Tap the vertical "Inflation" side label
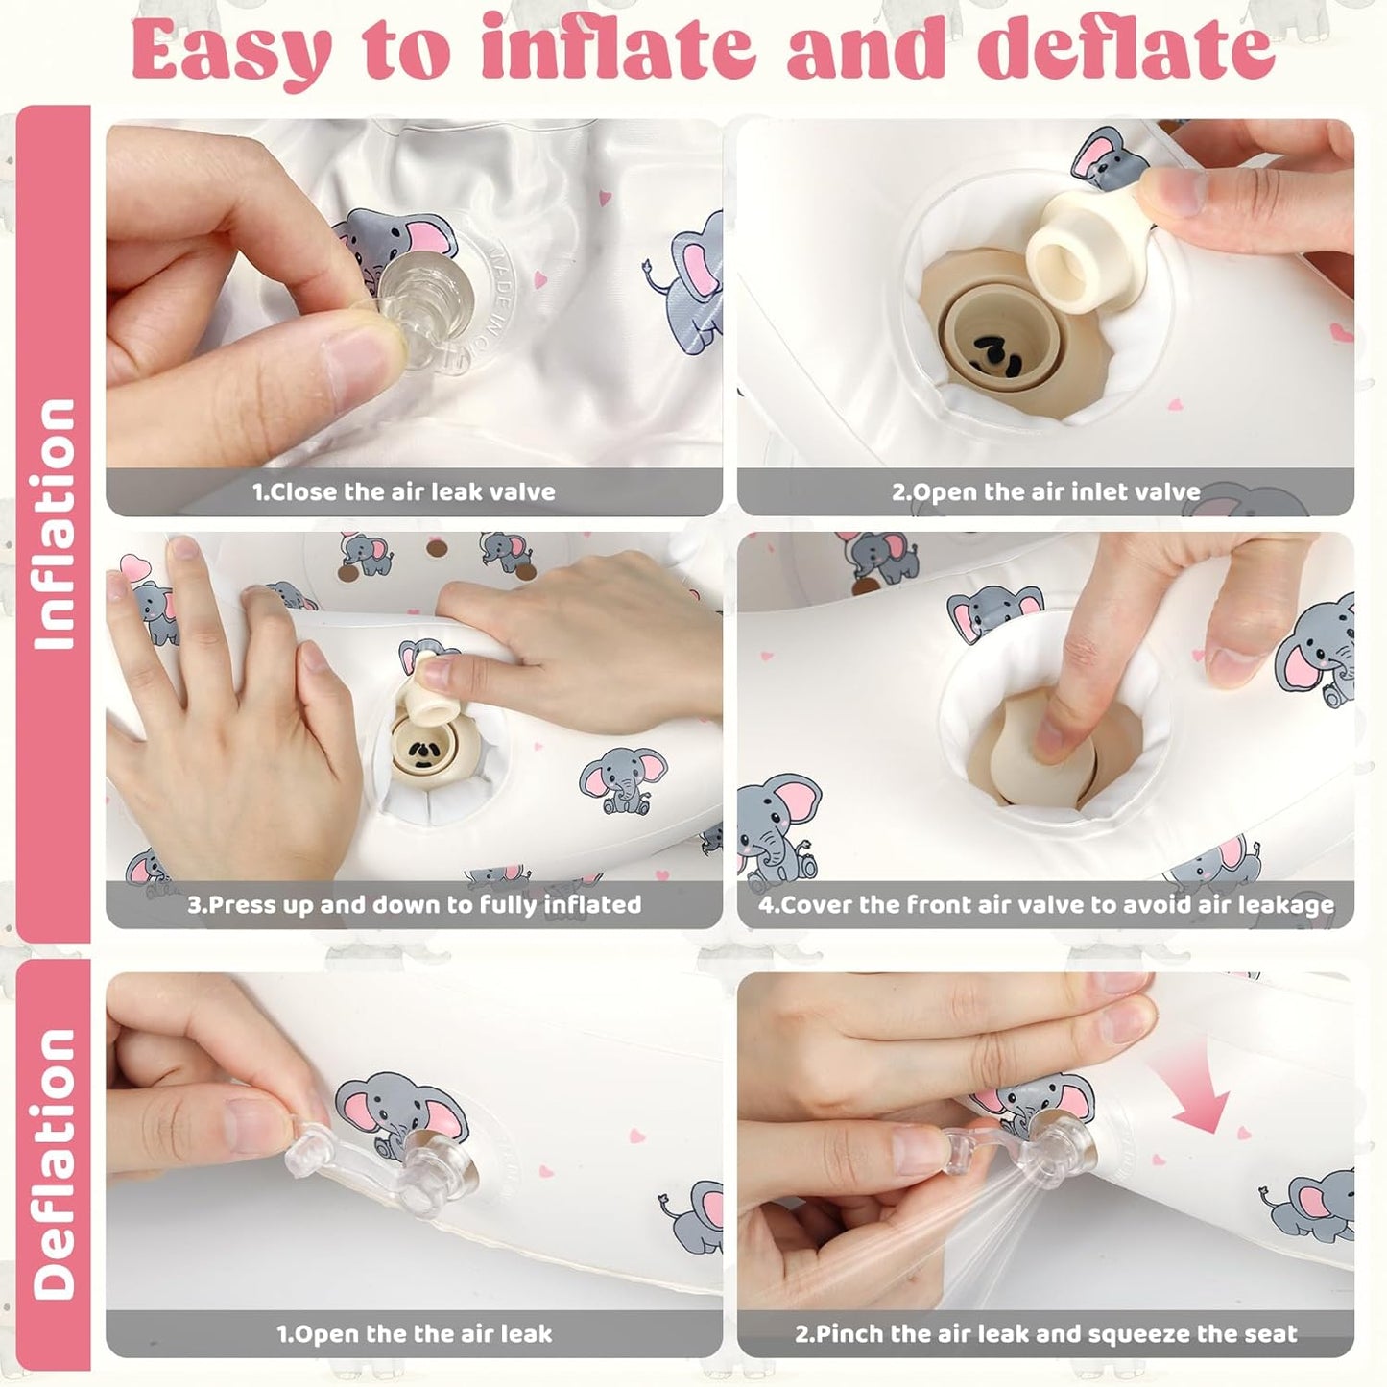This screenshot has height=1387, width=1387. click(x=55, y=524)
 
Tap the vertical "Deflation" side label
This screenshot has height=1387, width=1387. click(x=55, y=1164)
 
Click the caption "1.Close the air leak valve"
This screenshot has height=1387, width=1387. click(x=404, y=491)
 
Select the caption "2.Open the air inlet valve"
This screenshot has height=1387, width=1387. click(x=1046, y=491)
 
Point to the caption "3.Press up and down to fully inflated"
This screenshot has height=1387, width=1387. click(x=415, y=905)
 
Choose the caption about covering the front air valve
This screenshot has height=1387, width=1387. click(x=1046, y=905)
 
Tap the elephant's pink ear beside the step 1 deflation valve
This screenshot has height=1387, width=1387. click(x=360, y=1112)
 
